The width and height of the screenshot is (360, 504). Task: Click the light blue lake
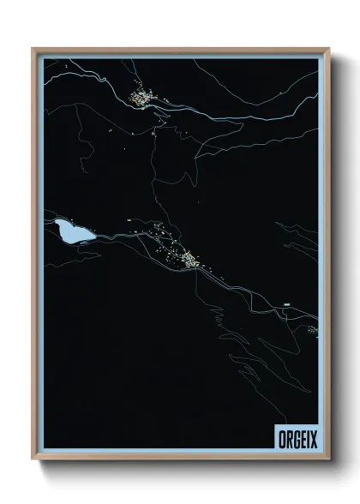[69, 231]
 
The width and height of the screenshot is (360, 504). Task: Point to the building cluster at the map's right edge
[313, 329]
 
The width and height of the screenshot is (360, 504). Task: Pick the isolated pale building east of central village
[286, 303]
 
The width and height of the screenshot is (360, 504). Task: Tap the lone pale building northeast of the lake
[129, 220]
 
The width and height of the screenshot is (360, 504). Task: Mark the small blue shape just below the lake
[83, 243]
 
